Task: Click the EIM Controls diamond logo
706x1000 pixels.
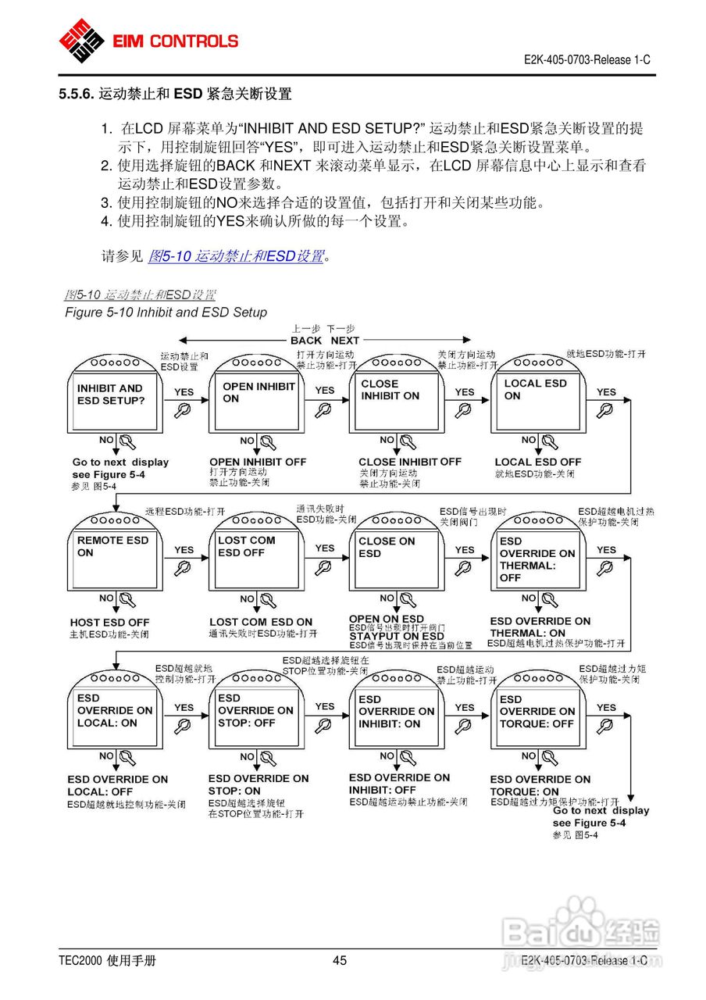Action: coord(82,40)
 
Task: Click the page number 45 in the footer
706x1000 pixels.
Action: coord(340,961)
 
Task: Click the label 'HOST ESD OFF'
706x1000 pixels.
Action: coord(109,623)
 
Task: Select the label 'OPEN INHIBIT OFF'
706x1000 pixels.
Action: coord(258,462)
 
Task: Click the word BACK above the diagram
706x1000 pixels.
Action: coord(306,341)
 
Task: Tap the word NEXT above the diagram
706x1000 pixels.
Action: coord(344,341)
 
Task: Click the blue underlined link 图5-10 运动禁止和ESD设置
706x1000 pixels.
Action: coord(236,255)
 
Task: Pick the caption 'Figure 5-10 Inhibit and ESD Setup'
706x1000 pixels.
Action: coord(166,312)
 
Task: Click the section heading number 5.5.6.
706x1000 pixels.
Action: coord(76,95)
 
